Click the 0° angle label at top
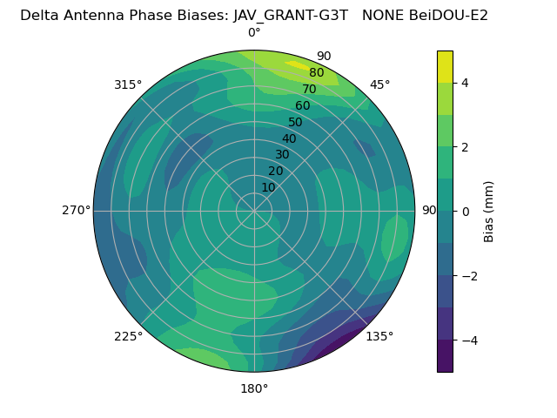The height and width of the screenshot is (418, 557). (254, 33)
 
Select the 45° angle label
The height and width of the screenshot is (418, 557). (379, 84)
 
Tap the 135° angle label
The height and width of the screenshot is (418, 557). (379, 336)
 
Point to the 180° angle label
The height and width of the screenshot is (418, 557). (254, 388)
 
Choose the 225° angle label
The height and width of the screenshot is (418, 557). (128, 336)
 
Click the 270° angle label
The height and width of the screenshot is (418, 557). (76, 210)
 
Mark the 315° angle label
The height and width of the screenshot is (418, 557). (128, 84)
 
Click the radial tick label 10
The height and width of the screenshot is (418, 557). (268, 187)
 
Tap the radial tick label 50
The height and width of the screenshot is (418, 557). (295, 123)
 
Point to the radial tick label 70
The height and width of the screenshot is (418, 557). (309, 90)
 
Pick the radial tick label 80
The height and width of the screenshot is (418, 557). (316, 73)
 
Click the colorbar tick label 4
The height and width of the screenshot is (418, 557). (466, 83)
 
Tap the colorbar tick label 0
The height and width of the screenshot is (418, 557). (466, 212)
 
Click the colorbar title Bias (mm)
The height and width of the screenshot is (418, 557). (489, 212)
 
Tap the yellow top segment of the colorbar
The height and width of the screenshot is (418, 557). (445, 66)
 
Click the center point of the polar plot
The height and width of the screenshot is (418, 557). (254, 211)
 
